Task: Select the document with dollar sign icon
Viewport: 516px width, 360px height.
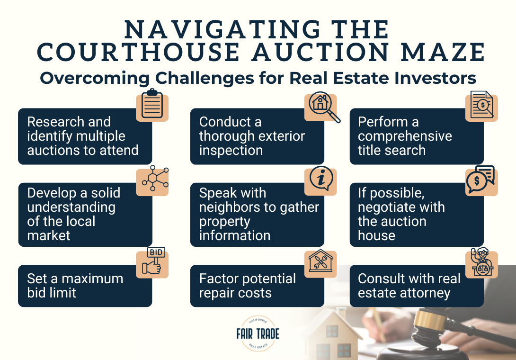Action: tap(481, 106)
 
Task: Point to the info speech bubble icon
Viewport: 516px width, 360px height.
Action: tap(320, 180)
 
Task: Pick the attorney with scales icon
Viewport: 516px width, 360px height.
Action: tap(481, 263)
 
